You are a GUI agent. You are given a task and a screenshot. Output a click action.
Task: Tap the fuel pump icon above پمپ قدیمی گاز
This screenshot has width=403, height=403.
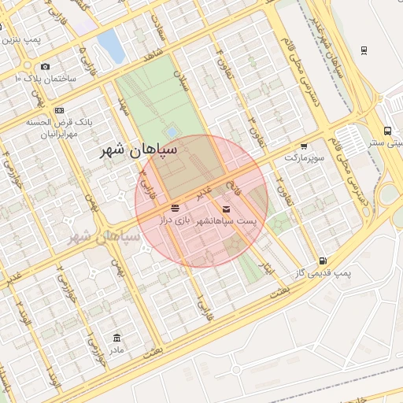coord(322,261)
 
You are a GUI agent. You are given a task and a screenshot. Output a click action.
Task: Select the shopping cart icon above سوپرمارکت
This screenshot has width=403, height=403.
coord(304,146)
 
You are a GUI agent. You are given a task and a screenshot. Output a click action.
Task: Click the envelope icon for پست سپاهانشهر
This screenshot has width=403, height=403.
coord(227,209)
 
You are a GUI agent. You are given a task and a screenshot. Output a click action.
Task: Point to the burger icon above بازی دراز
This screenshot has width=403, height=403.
coord(174,208)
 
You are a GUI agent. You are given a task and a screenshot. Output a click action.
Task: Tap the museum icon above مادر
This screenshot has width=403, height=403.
coord(117,336)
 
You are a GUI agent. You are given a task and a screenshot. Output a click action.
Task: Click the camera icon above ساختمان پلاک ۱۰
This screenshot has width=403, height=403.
coord(45,67)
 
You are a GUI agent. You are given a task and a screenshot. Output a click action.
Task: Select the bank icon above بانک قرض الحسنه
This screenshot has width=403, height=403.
coord(60,109)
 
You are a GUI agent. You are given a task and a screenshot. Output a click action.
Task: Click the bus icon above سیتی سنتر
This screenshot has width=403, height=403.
coord(388,131)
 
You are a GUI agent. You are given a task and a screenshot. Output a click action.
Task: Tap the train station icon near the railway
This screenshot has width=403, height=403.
coord(364,50)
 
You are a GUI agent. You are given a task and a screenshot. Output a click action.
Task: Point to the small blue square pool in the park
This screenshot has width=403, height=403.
coord(172,131)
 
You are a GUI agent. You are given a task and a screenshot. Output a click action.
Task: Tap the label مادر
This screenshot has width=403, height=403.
coord(116,349)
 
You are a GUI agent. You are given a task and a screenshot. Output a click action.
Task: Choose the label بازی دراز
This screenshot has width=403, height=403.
coord(177,221)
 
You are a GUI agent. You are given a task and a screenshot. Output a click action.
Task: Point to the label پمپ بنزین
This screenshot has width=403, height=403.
coord(21,39)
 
